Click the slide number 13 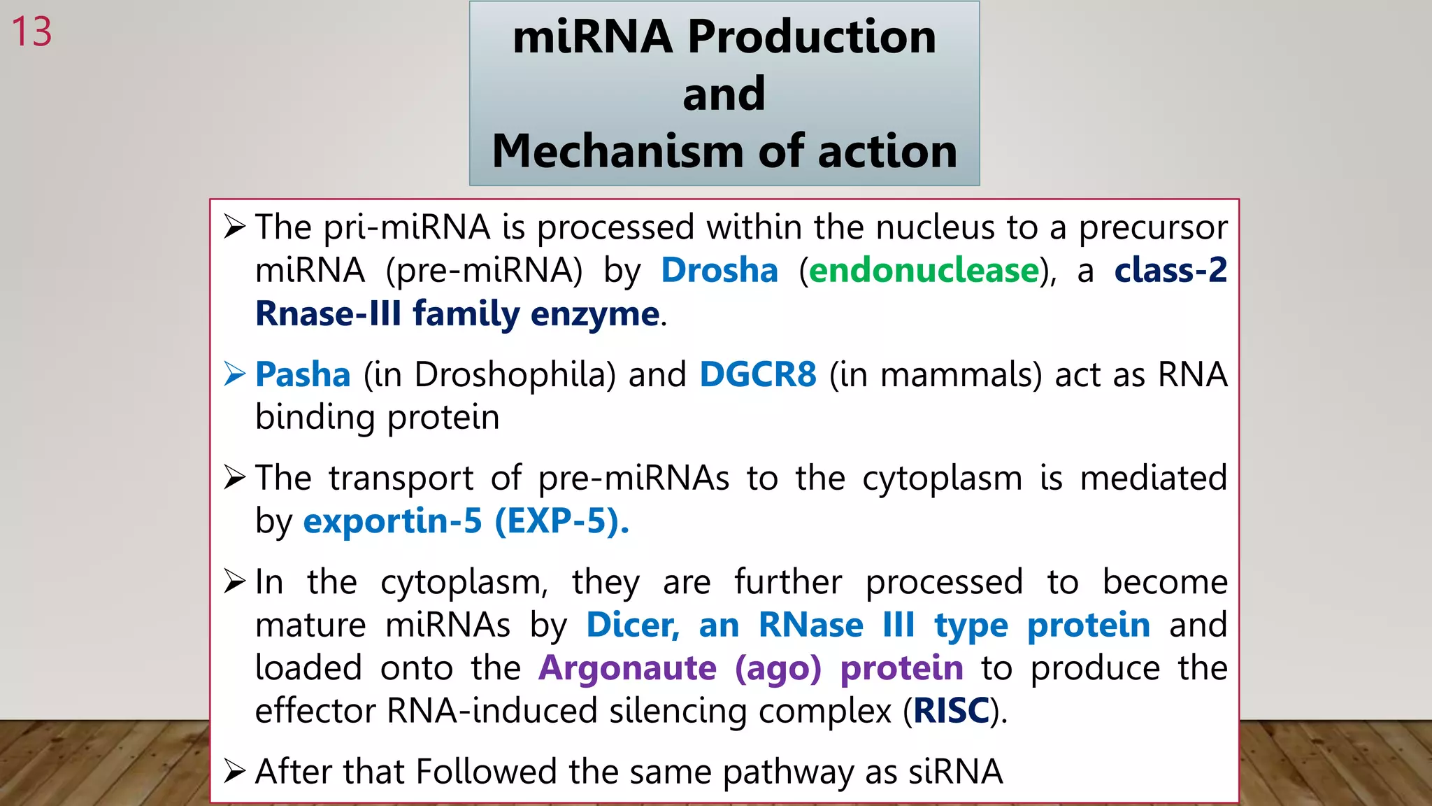tap(32, 32)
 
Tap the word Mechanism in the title tap(620, 151)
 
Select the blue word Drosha tap(719, 271)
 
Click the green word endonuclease tap(924, 271)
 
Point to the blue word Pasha tap(303, 374)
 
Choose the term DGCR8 tap(758, 374)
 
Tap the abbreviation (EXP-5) tap(561, 521)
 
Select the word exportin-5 tap(392, 521)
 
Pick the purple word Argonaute tap(627, 668)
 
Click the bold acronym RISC tap(951, 711)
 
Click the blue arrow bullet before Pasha tap(235, 374)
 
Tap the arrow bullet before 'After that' tap(235, 772)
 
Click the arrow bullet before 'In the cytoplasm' tap(235, 581)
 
